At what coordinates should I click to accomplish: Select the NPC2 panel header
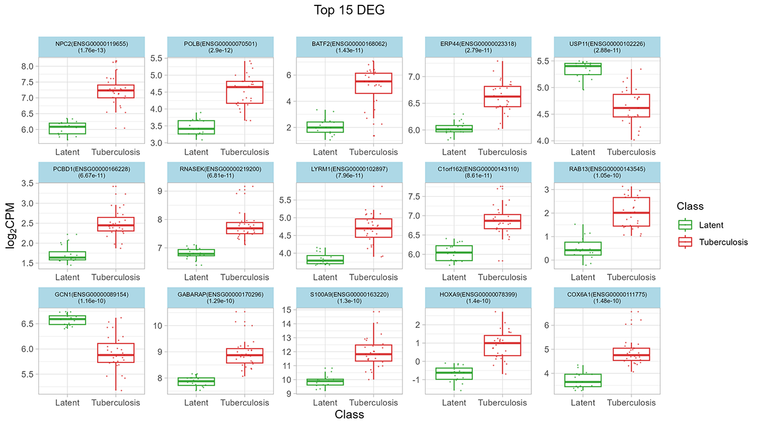point(92,47)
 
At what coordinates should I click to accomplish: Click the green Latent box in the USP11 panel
point(583,69)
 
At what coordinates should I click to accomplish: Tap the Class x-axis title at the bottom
point(349,415)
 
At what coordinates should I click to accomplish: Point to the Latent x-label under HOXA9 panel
point(454,403)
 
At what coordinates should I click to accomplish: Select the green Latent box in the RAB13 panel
point(583,248)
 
